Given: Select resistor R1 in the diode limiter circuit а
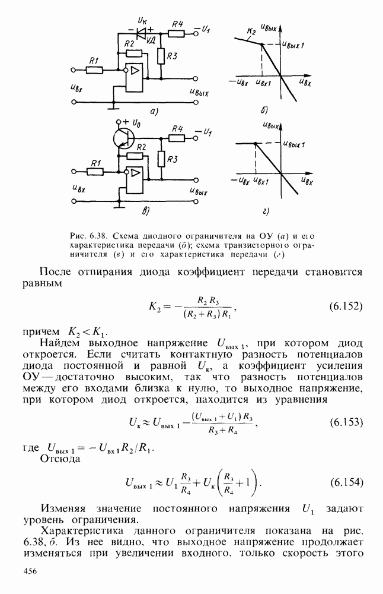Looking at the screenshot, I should point(94,69).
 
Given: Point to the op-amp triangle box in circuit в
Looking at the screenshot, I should point(136,173).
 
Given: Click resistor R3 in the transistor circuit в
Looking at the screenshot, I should point(161,159).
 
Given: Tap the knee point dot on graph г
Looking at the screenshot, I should point(255,144).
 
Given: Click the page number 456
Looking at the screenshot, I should point(30,571).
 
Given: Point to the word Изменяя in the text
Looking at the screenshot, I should point(63,508).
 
